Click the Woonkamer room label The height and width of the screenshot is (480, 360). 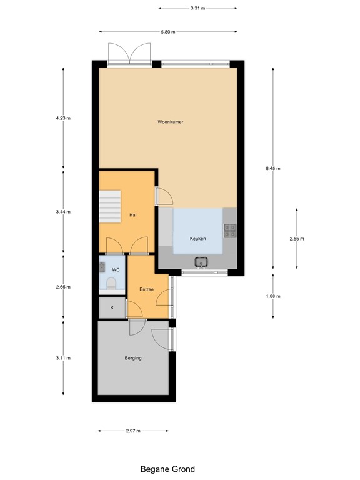pyautogui.click(x=170, y=122)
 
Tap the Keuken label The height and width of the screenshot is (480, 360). pyautogui.click(x=197, y=239)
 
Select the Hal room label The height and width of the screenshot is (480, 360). pyautogui.click(x=132, y=215)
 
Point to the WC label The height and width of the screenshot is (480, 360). pyautogui.click(x=115, y=269)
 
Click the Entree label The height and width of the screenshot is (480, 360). pyautogui.click(x=147, y=289)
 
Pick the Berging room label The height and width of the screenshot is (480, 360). pyautogui.click(x=132, y=358)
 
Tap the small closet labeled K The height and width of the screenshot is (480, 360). pyautogui.click(x=112, y=307)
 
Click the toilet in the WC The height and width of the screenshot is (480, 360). pyautogui.click(x=112, y=284)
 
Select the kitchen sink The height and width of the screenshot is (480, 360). pyautogui.click(x=201, y=262)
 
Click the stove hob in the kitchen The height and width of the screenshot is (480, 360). pyautogui.click(x=229, y=231)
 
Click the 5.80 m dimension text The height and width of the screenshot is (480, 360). pyautogui.click(x=167, y=32)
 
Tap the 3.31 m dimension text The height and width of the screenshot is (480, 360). pyautogui.click(x=197, y=8)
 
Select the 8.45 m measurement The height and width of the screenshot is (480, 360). pyautogui.click(x=273, y=168)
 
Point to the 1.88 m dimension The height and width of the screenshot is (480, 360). pyautogui.click(x=273, y=296)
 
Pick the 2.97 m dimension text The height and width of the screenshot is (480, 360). pyautogui.click(x=132, y=431)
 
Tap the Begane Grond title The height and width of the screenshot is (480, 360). pyautogui.click(x=167, y=469)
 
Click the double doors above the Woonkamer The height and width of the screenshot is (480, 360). pyautogui.click(x=129, y=54)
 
